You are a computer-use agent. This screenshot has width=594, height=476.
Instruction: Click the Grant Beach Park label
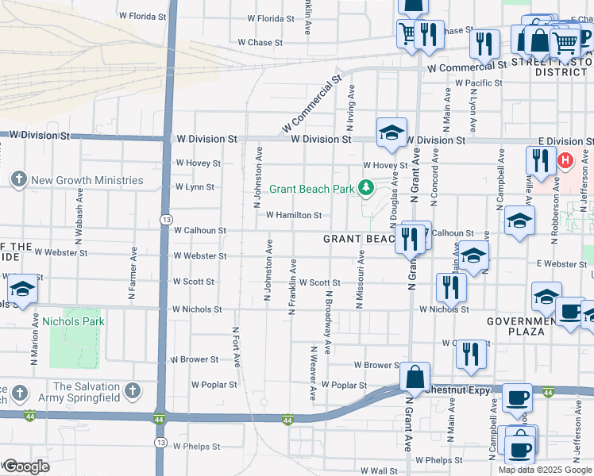[x=311, y=189]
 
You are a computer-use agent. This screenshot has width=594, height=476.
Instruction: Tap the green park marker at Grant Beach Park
[x=366, y=188]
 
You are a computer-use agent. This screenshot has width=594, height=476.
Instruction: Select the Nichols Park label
[x=73, y=321]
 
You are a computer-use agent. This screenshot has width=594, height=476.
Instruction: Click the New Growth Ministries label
[x=87, y=180]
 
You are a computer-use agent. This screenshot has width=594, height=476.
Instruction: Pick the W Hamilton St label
[x=294, y=215]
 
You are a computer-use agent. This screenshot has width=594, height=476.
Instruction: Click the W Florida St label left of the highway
[x=143, y=16]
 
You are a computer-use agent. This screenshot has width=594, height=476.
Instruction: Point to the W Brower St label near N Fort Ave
[x=195, y=359]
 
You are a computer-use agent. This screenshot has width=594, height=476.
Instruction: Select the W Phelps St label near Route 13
[x=197, y=447]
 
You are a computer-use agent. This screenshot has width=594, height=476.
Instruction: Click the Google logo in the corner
[x=26, y=466]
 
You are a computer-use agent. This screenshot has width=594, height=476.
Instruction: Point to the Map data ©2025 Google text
[x=546, y=470]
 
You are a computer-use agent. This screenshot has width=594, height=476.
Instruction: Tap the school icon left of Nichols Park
[x=23, y=291]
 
